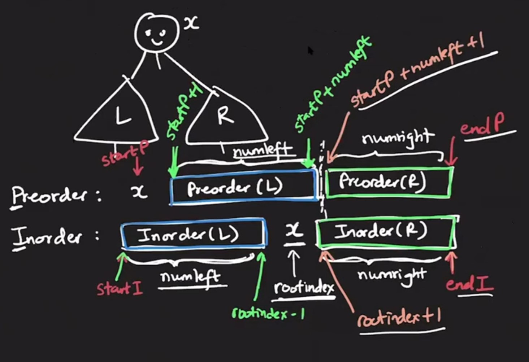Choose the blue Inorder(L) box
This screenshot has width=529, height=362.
coord(193,235)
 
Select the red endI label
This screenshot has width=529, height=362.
coord(469,284)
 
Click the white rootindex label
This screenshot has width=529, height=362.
coord(303,288)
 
